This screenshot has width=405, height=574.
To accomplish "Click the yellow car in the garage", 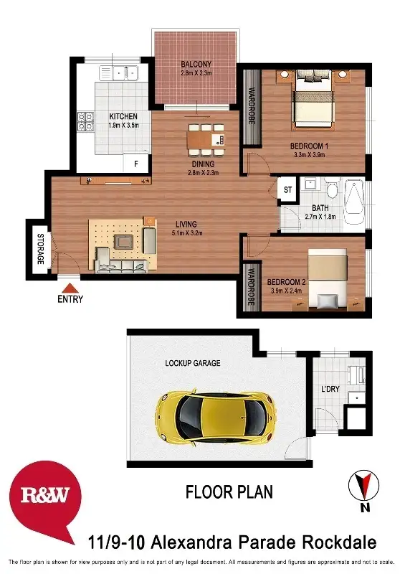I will [x=214, y=414].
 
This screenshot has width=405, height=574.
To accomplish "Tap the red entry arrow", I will [x=70, y=287].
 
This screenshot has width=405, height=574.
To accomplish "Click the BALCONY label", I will [x=196, y=63].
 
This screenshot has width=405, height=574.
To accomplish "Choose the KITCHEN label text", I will [x=123, y=116].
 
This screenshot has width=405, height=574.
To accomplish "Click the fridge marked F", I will [x=135, y=164].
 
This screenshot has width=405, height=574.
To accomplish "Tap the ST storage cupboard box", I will [x=287, y=190].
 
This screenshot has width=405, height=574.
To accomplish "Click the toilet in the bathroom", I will [x=330, y=190].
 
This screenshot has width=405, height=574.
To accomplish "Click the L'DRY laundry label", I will [x=330, y=389].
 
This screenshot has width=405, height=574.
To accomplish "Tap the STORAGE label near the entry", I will [x=39, y=249].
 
